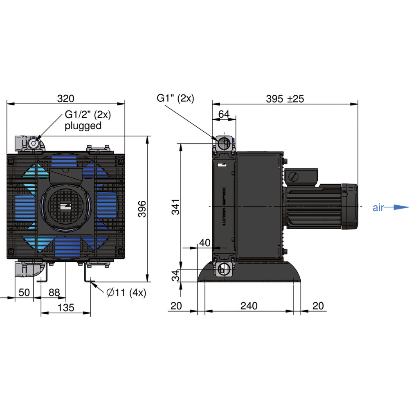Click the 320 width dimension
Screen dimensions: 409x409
pyautogui.click(x=65, y=99)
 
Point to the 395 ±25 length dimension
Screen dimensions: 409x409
pyautogui.click(x=285, y=99)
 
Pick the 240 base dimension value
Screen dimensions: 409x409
pyautogui.click(x=249, y=306)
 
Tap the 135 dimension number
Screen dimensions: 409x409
pyautogui.click(x=66, y=308)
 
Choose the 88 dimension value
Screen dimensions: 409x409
pyautogui.click(x=54, y=292)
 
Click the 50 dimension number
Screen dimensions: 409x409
pyautogui.click(x=24, y=292)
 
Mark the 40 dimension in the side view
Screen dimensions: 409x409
pyautogui.click(x=204, y=243)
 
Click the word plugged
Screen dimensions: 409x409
pyautogui.click(x=83, y=126)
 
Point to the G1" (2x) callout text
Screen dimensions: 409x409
pyautogui.click(x=175, y=98)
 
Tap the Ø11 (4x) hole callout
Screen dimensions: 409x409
pyautogui.click(x=126, y=292)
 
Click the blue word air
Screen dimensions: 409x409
pyautogui.click(x=378, y=208)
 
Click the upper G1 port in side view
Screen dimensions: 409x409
pyautogui.click(x=223, y=143)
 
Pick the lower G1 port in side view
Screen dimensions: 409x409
pyautogui.click(x=224, y=269)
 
